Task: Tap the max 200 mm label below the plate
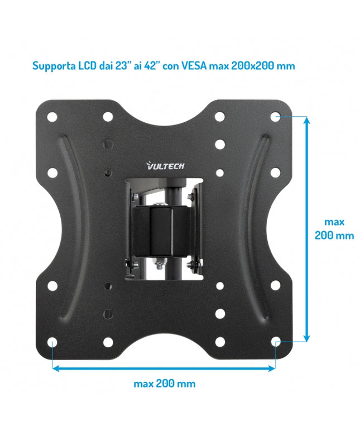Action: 164,384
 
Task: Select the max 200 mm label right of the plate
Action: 334,228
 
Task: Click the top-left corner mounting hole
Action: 52,117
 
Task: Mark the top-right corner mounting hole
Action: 275,117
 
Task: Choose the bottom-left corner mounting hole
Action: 52,341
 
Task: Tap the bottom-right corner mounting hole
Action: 275,341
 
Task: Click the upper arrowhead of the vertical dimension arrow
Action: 306,121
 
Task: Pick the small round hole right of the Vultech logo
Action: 220,173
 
